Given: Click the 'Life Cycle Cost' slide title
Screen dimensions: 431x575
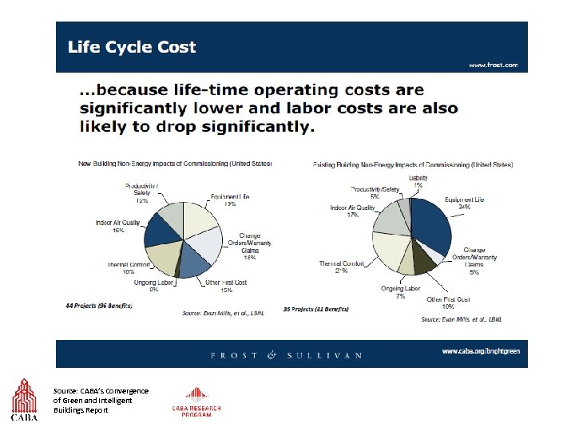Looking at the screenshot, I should pos(132,46).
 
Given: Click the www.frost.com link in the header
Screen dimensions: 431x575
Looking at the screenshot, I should pos(493,65).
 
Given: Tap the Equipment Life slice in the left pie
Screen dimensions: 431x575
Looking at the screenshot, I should pos(200,219).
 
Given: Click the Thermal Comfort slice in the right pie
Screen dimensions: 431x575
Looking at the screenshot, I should pos(391,251).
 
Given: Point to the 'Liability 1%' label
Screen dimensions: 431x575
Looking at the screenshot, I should pos(418,181).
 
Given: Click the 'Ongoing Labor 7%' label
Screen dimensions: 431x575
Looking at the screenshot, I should pos(400,292).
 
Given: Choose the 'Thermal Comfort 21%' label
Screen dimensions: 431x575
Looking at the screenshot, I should pos(341,267).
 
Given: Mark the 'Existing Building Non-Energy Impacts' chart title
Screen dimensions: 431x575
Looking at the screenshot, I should pos(412,164).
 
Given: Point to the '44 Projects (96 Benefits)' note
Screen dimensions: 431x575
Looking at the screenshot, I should pos(99,306).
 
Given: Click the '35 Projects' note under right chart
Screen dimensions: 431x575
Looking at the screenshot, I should pos(315,309).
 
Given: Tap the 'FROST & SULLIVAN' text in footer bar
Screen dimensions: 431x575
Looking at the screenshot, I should pos(287,355).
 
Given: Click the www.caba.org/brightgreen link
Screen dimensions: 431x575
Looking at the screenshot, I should pos(480,351).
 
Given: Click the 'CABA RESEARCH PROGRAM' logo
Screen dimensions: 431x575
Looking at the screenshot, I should pos(196,402).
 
